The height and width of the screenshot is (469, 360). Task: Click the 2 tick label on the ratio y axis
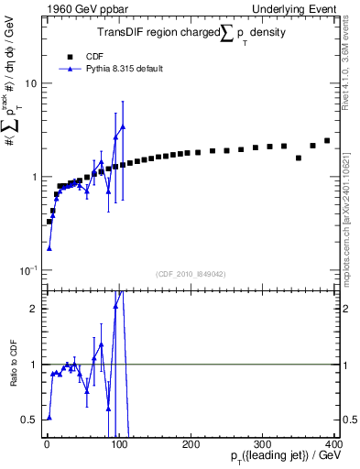click(35, 309)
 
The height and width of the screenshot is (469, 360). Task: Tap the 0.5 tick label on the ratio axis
click(30, 420)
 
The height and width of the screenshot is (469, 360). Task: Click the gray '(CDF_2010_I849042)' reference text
click(191, 274)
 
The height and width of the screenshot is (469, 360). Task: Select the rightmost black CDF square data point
click(327, 141)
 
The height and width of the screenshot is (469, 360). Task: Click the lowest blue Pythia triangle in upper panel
click(49, 248)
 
